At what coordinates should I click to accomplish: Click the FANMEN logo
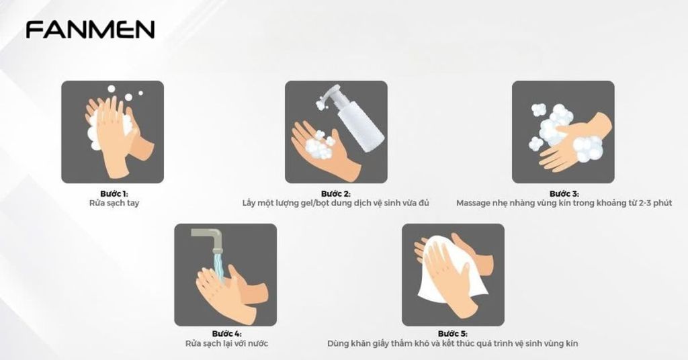[90, 30]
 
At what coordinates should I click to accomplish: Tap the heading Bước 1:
[113, 193]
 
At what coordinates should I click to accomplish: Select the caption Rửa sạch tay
[113, 203]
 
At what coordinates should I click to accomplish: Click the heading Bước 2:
[336, 193]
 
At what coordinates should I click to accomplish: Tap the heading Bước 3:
[563, 193]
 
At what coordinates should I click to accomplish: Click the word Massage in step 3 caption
[473, 203]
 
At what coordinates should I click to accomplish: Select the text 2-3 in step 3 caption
[636, 203]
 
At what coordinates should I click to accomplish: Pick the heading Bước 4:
[226, 334]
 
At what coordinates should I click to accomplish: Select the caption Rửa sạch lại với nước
[226, 343]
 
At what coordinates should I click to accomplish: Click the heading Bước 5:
[452, 334]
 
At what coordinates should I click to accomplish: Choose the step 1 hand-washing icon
[113, 132]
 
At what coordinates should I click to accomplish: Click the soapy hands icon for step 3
[563, 132]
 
